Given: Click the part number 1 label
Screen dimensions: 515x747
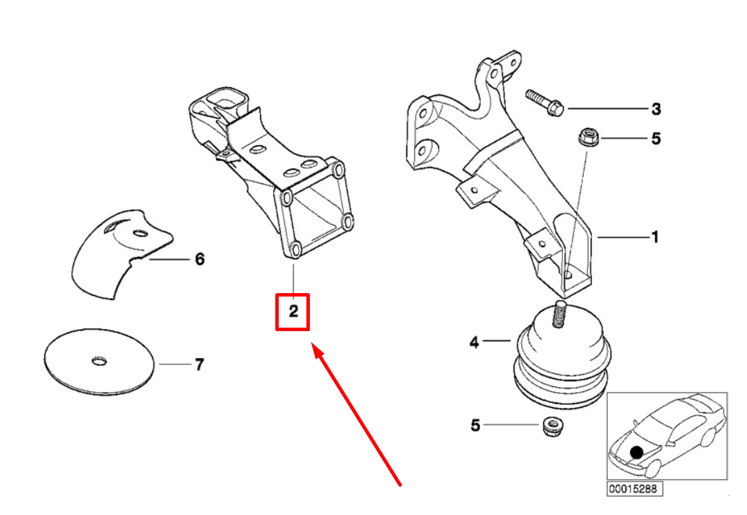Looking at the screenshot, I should (x=654, y=238).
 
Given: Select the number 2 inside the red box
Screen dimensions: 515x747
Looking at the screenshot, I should (x=293, y=312).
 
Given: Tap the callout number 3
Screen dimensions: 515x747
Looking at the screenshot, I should (x=656, y=109).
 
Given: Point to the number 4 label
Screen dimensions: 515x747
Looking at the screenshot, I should (x=474, y=342).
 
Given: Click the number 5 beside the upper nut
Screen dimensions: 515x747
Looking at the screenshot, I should (x=656, y=139).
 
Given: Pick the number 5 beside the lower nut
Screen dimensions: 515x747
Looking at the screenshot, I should (x=475, y=426).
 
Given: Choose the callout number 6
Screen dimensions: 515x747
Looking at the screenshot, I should (x=199, y=260).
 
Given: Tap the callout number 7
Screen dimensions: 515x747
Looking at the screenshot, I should (x=199, y=364).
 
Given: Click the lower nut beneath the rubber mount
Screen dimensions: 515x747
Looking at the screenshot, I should (x=553, y=427).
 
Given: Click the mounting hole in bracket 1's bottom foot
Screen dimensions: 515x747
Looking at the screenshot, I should (x=569, y=274).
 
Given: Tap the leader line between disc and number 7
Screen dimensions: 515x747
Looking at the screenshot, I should (x=173, y=364).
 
